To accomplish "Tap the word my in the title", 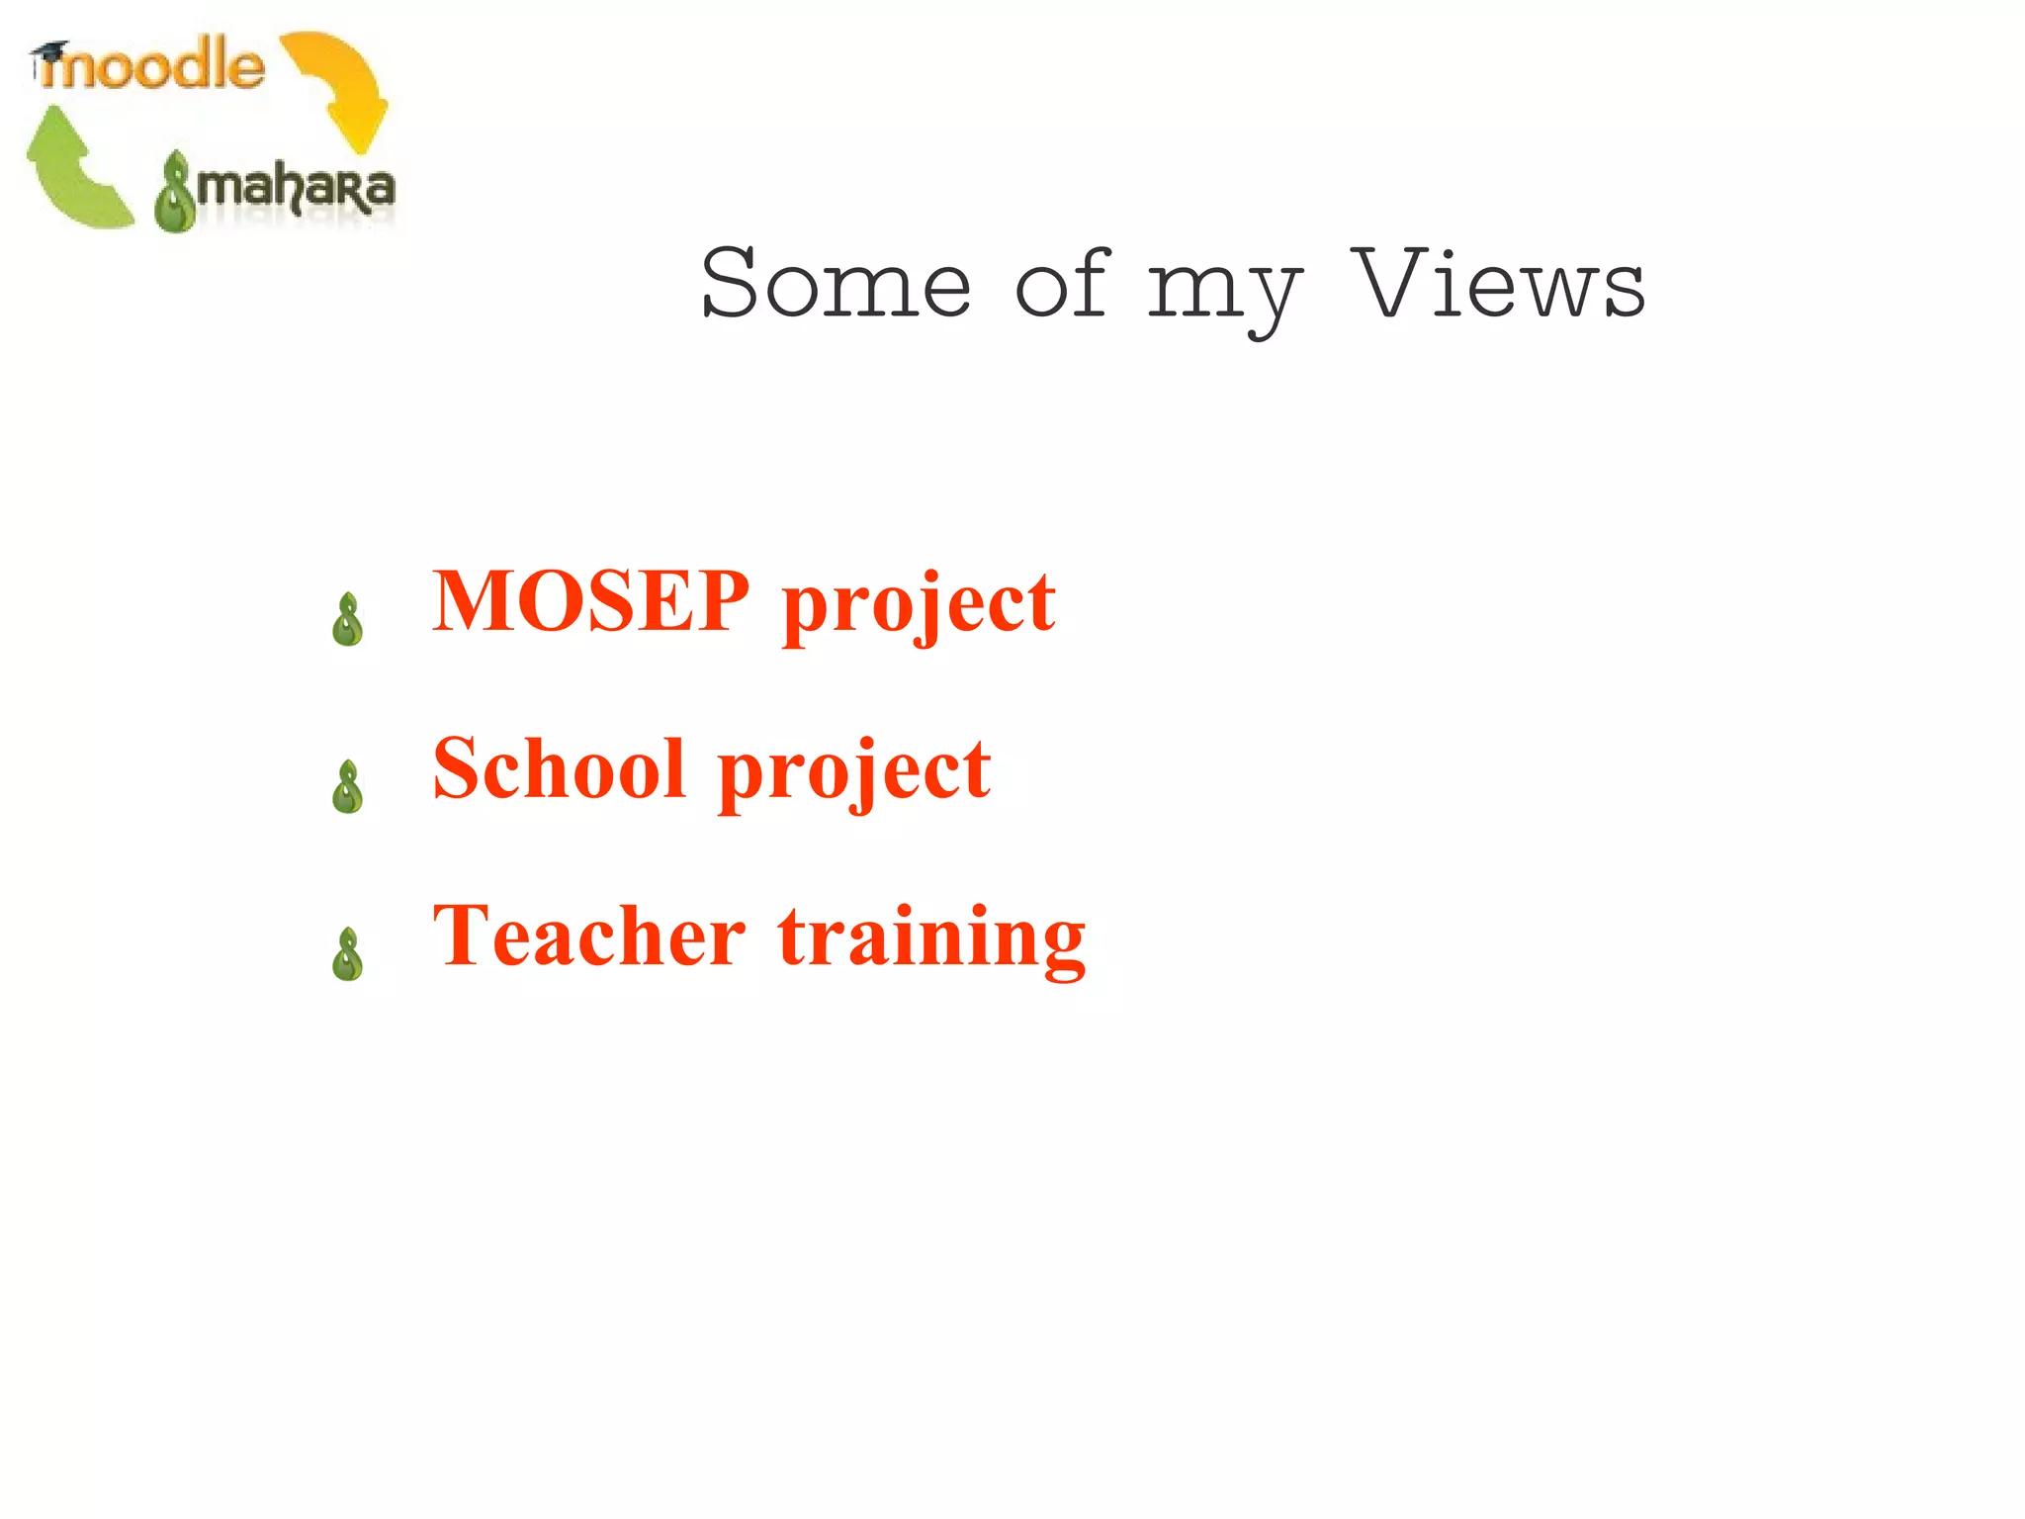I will click(x=1224, y=291).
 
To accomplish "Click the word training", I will click(x=931, y=939).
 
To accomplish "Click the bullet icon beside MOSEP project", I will click(x=348, y=620).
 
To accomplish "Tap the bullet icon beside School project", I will click(x=348, y=787).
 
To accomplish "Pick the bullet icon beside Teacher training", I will click(x=348, y=954).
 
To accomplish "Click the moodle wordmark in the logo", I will click(x=158, y=67).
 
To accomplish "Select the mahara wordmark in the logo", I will click(x=295, y=188).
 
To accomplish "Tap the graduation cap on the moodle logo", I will click(x=49, y=53).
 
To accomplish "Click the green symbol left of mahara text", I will click(x=176, y=192).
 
